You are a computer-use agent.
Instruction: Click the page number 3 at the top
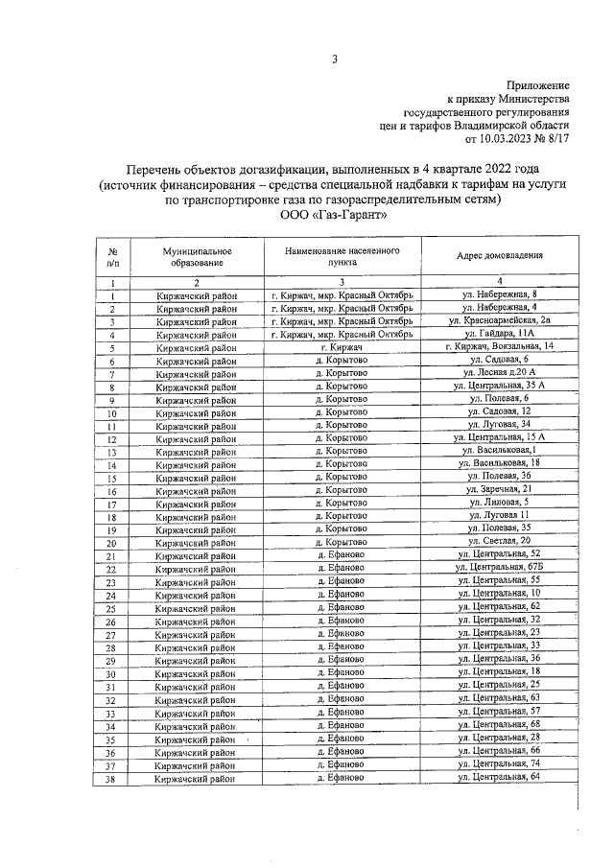335,60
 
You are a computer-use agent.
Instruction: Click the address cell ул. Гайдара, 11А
500,335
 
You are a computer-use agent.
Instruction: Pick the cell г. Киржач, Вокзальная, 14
500,346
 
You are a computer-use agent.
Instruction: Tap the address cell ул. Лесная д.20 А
500,373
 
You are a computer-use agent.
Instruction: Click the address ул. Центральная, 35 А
500,386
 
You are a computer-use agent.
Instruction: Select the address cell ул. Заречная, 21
500,489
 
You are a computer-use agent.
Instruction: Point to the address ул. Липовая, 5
500,503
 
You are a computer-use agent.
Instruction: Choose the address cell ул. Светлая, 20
500,542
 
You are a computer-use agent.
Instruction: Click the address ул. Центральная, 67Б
500,569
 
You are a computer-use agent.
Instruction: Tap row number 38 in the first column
112,780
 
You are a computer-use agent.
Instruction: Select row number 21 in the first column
112,556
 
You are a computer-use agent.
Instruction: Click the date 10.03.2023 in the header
504,139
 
